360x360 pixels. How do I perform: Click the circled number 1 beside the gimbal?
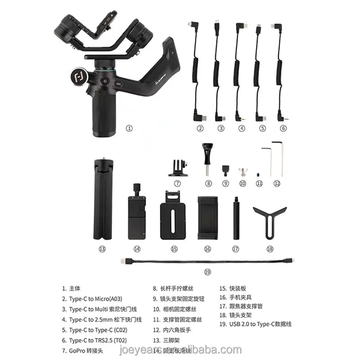(x=129, y=128)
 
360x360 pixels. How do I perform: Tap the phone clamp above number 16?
(x=207, y=217)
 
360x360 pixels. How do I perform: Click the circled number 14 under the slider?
(x=137, y=249)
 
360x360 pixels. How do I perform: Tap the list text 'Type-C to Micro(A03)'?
(x=95, y=298)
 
